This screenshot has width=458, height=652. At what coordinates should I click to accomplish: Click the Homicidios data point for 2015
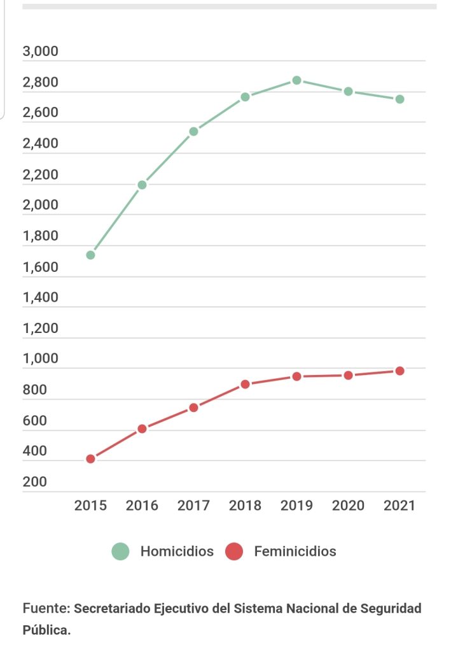pos(90,255)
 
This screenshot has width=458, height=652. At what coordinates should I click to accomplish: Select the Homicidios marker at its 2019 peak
pos(296,80)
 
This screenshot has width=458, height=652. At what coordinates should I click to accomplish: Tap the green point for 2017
pos(193,131)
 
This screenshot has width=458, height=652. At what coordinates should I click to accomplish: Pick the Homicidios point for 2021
pos(399,99)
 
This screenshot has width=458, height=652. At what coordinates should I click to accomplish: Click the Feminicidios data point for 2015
pos(90,458)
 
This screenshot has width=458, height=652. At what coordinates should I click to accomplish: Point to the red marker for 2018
pos(245,384)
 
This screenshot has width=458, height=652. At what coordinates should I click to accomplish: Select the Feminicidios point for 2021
pos(399,371)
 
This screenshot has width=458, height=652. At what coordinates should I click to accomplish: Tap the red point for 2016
pos(142,429)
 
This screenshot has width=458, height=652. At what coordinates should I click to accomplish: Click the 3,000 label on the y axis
pos(40,52)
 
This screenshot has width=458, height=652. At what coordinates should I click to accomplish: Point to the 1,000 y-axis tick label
pos(40,358)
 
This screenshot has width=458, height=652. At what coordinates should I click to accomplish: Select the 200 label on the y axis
pos(34,482)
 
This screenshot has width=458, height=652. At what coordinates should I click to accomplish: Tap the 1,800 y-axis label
pos(40,236)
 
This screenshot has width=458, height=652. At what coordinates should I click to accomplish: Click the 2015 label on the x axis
pos(90,506)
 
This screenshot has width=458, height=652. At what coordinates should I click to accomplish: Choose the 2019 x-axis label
pos(296,506)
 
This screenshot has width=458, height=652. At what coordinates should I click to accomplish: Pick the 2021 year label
pos(399,506)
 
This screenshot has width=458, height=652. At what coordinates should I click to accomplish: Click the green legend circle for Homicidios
pos(120,551)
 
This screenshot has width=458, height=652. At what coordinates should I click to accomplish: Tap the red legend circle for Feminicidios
pos(234,551)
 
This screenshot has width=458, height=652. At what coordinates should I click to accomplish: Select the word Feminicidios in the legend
pos(295,551)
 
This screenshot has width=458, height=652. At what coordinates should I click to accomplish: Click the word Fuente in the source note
pos(46,609)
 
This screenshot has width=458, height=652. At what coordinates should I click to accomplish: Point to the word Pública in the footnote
pos(46,630)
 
